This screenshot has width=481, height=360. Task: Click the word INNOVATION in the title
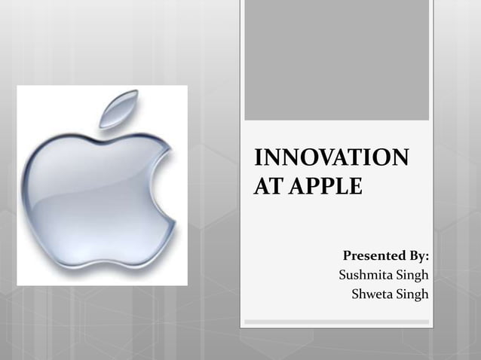pyautogui.click(x=332, y=159)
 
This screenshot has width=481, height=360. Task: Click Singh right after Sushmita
pyautogui.click(x=413, y=275)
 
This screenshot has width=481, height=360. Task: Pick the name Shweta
pyautogui.click(x=373, y=293)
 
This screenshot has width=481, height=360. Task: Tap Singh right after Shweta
pyautogui.click(x=413, y=293)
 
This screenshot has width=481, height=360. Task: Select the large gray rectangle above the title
pyautogui.click(x=336, y=60)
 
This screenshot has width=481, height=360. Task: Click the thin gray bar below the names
pyautogui.click(x=336, y=322)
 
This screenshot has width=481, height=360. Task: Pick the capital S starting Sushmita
pyautogui.click(x=344, y=275)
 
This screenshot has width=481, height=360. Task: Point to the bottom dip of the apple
pyautogui.click(x=103, y=262)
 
